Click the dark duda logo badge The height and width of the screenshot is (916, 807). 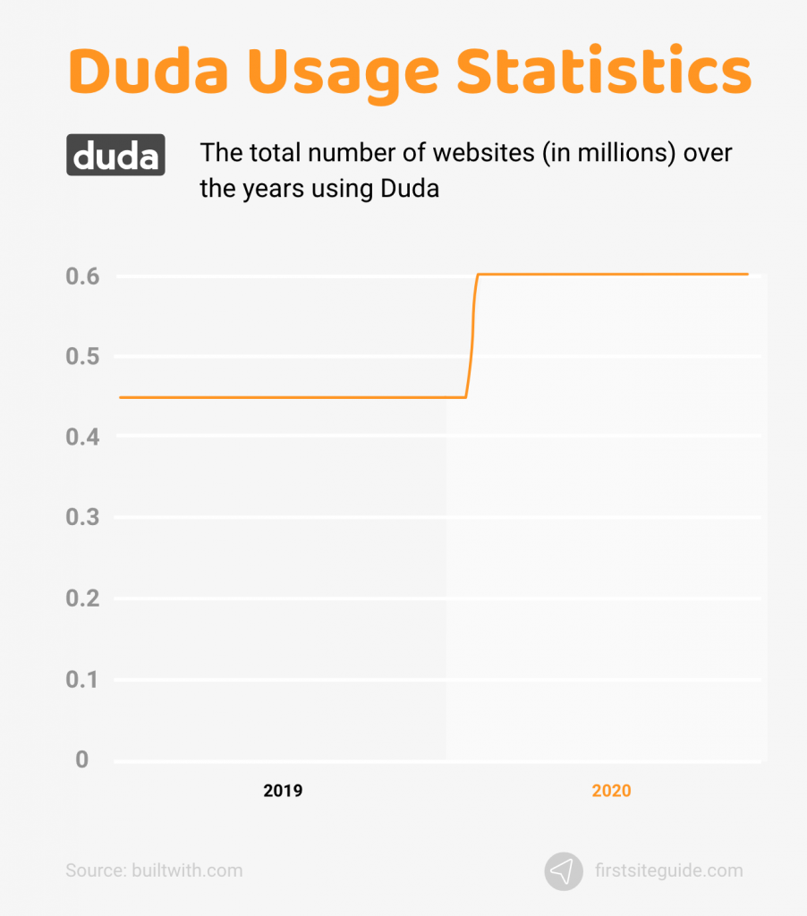click(x=115, y=155)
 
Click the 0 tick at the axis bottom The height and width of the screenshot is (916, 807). click(x=82, y=759)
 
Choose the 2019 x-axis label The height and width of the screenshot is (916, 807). click(x=283, y=791)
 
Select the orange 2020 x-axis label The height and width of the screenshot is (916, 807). click(x=611, y=791)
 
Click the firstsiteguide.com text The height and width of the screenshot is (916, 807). click(x=668, y=869)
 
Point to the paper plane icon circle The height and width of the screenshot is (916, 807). click(x=564, y=870)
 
